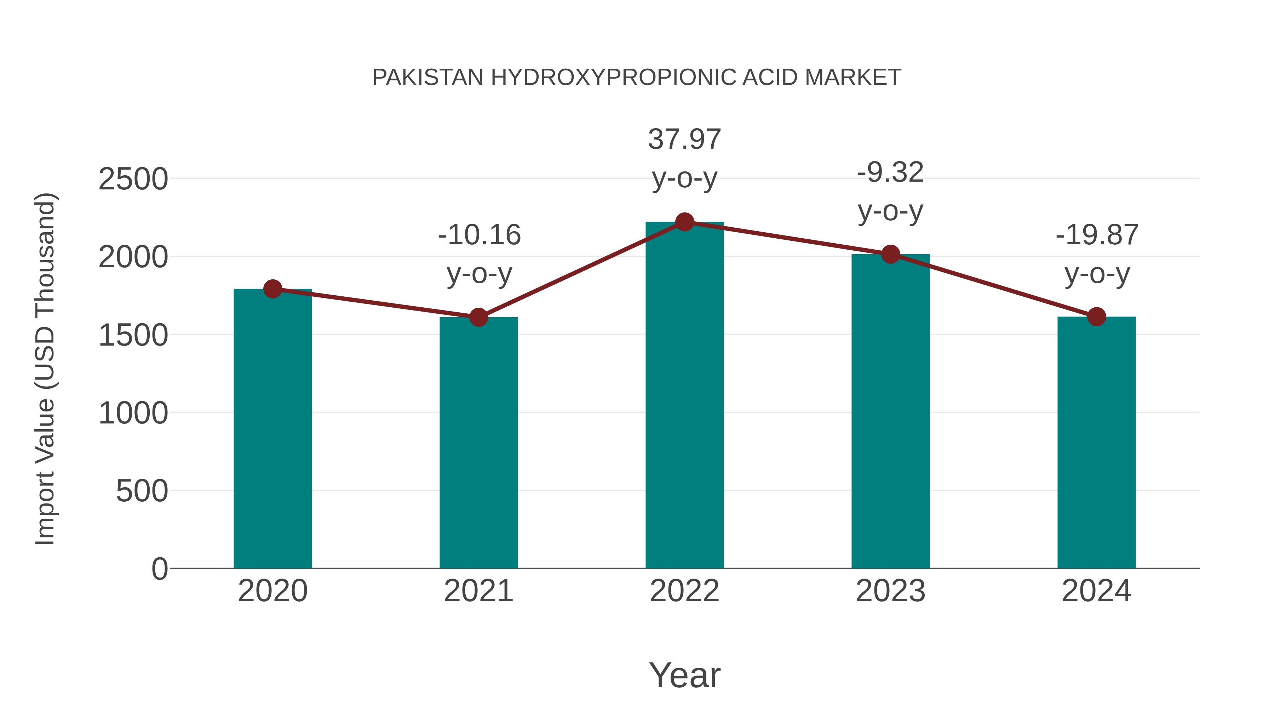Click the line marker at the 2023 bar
pos(891,254)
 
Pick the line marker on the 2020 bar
pos(272,289)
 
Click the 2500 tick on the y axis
pos(133,179)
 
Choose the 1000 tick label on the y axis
pos(133,413)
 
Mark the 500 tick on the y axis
pos(142,491)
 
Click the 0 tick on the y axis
pos(159,569)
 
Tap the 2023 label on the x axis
pos(891,591)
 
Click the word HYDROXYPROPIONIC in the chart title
pos(613,78)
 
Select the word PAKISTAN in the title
pos(428,78)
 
